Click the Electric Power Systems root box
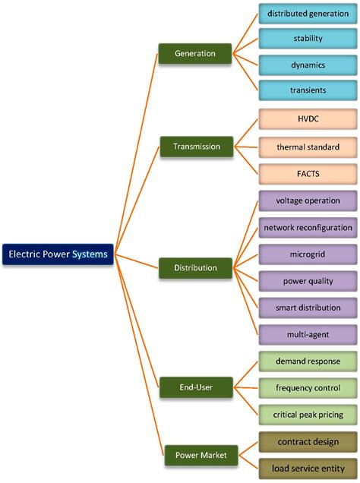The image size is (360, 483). [58, 254]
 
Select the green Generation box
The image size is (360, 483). [194, 53]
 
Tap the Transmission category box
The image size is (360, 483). [195, 147]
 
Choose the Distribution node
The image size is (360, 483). [195, 267]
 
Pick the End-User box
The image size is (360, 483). [194, 387]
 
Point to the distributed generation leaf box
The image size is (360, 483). [308, 14]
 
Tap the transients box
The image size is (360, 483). [308, 90]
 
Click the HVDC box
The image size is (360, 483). [308, 119]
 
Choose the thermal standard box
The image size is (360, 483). [308, 146]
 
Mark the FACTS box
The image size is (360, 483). [308, 173]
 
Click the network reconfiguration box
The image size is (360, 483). [308, 227]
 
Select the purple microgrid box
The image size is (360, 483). [308, 254]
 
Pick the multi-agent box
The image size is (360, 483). [308, 334]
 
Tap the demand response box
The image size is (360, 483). [308, 361]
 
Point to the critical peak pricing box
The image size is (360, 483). [308, 415]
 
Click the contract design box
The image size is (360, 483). [308, 441]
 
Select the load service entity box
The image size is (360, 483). [308, 468]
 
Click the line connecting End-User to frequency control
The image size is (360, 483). [245, 387]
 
